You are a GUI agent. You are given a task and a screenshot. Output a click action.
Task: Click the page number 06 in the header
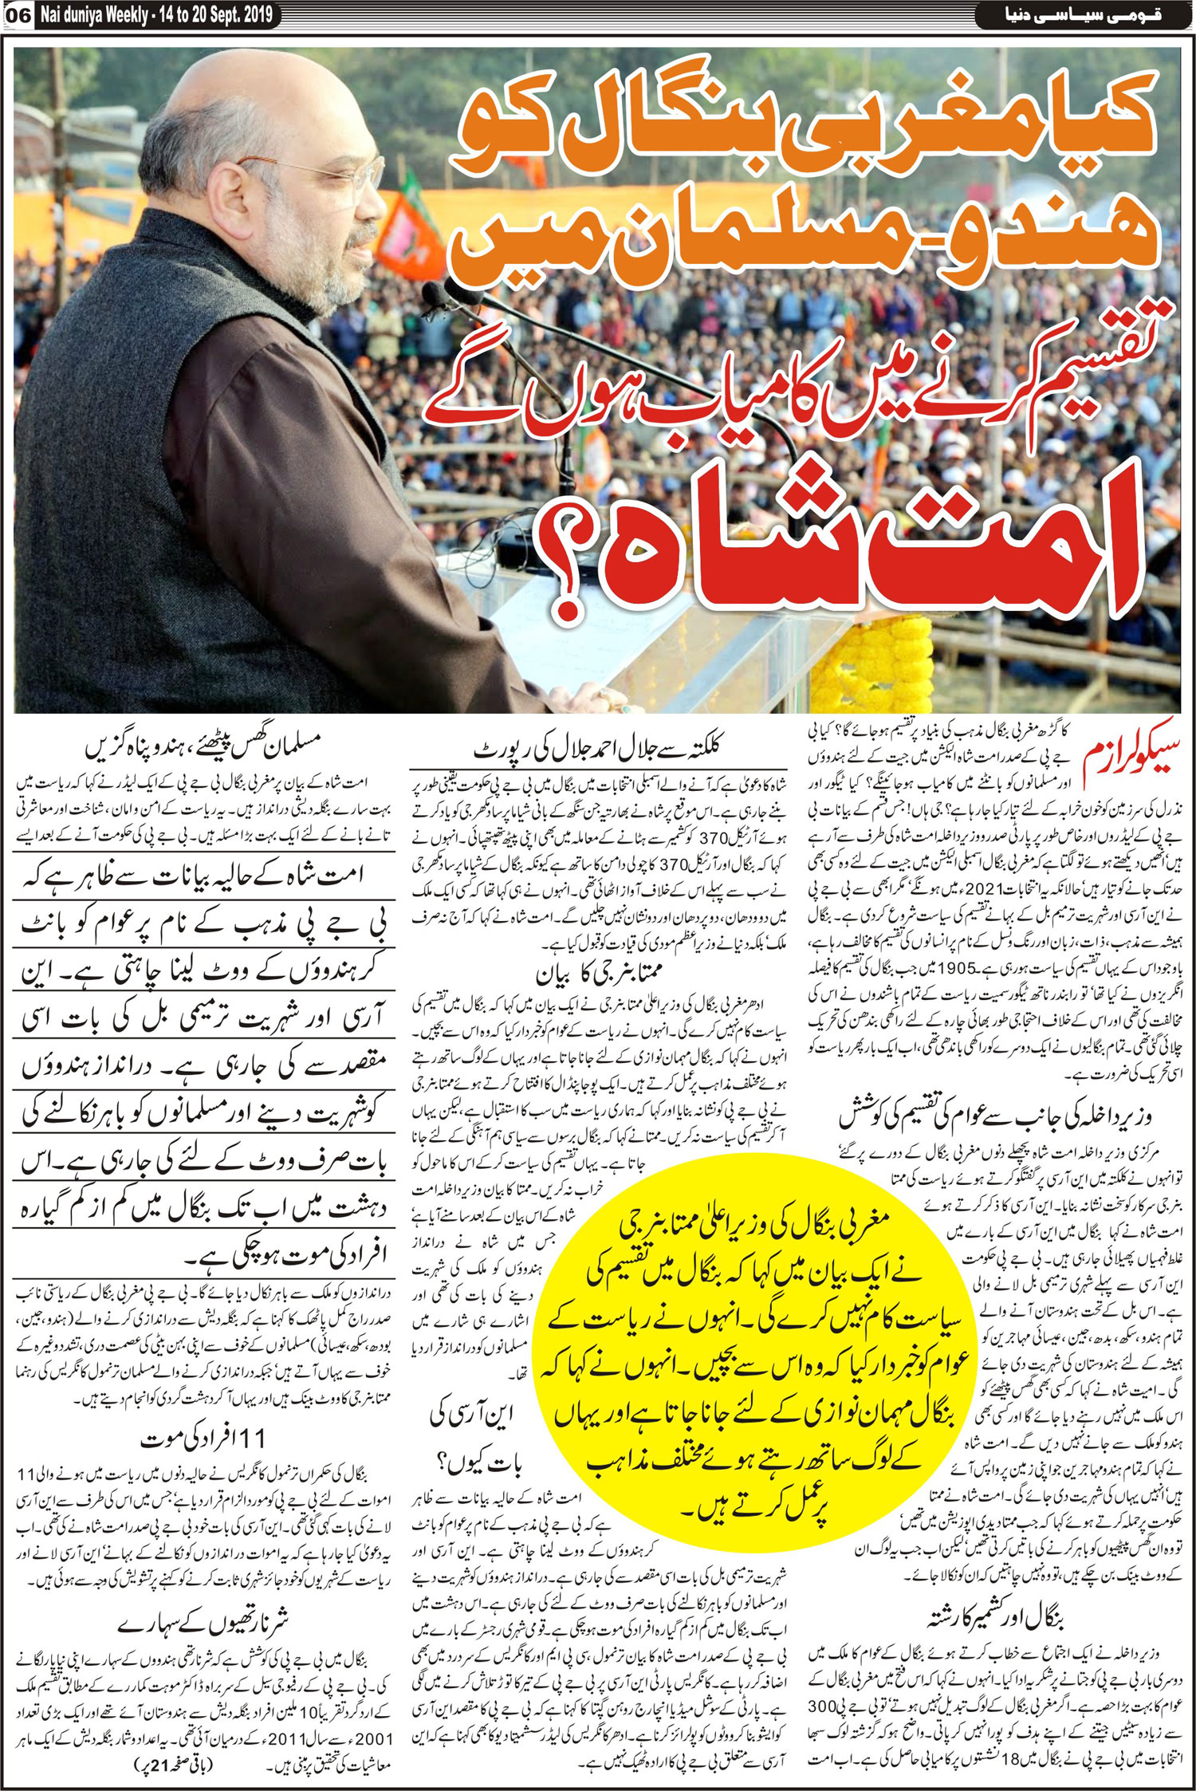[x=18, y=14]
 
